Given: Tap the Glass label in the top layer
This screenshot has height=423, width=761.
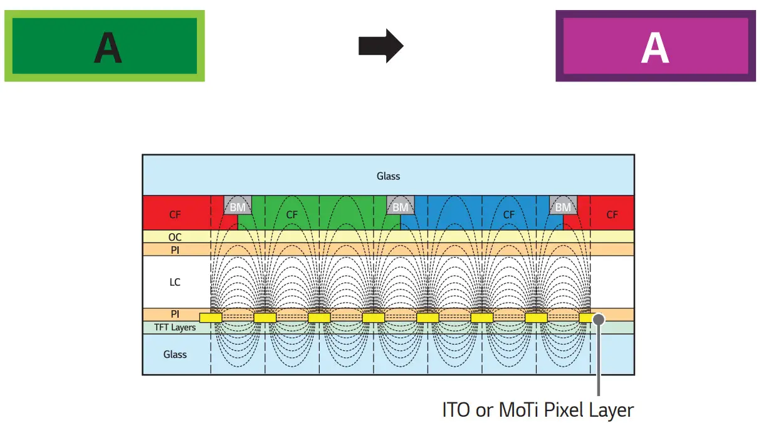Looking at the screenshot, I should tap(388, 176).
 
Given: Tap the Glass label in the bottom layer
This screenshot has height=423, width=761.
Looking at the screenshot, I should tap(175, 354).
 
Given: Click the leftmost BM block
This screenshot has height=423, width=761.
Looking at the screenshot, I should tap(238, 206).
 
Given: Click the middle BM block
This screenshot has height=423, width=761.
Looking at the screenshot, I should tap(401, 206).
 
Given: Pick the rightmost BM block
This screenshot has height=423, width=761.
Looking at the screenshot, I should tap(564, 206).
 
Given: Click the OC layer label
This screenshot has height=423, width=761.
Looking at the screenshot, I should tap(175, 238).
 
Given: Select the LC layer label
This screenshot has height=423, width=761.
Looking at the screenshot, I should tap(175, 282).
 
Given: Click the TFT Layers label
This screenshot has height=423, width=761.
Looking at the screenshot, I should tap(175, 327).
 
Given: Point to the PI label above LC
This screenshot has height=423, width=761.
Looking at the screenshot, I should tap(175, 249).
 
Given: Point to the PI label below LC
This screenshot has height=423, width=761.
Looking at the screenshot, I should tap(175, 313).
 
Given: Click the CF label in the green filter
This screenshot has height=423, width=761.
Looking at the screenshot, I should tap(291, 215).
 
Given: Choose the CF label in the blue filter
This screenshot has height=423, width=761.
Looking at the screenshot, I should tap(508, 215).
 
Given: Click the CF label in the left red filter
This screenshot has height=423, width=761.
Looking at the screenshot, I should tap(175, 215).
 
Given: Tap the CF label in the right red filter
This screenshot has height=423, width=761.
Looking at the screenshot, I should tap(612, 215).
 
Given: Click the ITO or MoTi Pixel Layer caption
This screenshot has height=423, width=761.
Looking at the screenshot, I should tap(538, 410).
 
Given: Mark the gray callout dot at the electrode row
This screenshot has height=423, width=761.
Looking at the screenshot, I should tap(599, 318).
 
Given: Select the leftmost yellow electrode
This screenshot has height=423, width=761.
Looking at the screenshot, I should tap(211, 318).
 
